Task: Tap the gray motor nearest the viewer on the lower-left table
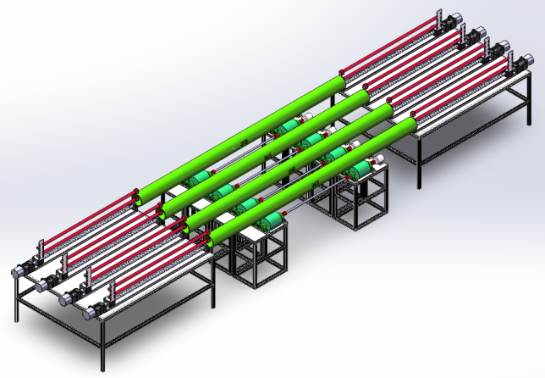coord(94,311)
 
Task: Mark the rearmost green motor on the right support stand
coord(290,126)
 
